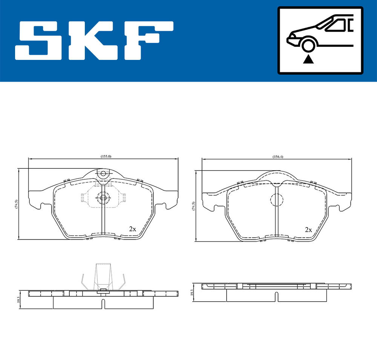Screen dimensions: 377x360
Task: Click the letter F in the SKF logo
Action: (x=149, y=40)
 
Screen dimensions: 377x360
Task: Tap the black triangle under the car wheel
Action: (x=308, y=59)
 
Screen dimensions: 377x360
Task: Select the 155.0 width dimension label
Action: (x=106, y=156)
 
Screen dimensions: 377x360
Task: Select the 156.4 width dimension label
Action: (x=278, y=157)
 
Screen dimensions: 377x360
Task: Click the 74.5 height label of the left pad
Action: (x=16, y=204)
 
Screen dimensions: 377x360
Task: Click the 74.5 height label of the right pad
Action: (x=193, y=206)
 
